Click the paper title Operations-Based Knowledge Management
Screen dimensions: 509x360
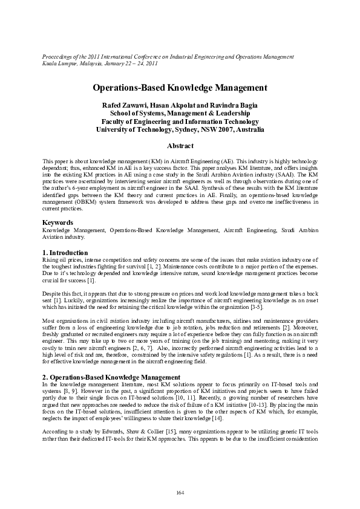tap(180, 88)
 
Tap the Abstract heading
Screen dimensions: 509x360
tap(180, 146)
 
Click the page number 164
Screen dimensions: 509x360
tap(180, 493)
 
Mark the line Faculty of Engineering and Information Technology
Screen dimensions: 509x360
tap(180, 121)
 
